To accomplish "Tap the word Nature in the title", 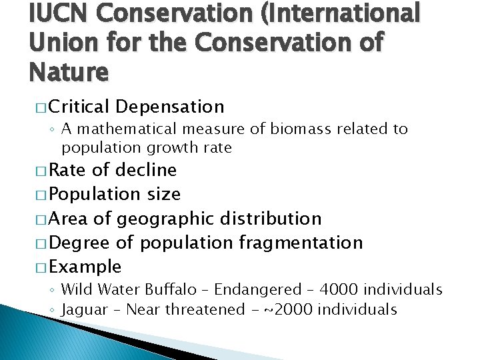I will (68, 71).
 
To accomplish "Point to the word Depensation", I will (169, 106).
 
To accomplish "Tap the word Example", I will (85, 267).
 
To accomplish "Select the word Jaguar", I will (83, 309).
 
